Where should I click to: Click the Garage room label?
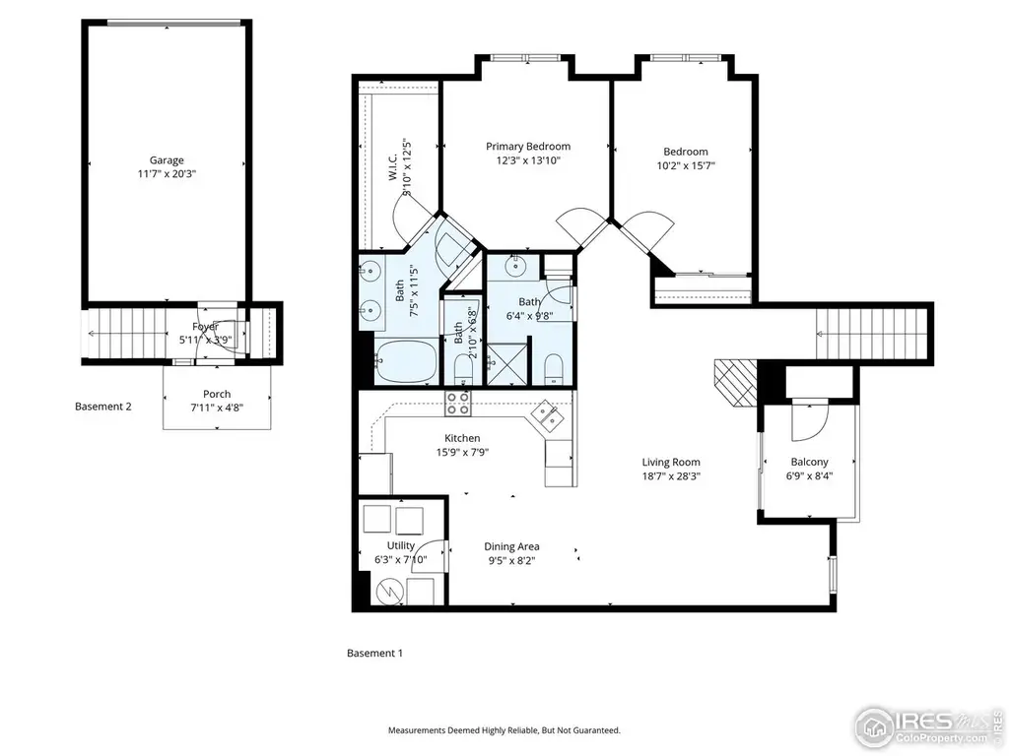(x=167, y=160)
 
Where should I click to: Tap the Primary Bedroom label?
(x=528, y=147)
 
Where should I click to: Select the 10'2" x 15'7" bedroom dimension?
(x=686, y=165)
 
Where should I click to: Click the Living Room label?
(x=671, y=463)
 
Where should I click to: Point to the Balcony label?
(x=809, y=463)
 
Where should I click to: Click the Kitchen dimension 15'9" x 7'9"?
(x=462, y=452)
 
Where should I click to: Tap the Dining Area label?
(x=511, y=547)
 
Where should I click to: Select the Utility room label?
(x=401, y=545)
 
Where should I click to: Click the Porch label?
(x=217, y=394)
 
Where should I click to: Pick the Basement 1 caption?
(x=374, y=654)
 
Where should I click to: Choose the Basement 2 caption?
(x=102, y=407)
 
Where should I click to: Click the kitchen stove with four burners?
(x=458, y=403)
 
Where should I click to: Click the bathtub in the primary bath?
(x=406, y=362)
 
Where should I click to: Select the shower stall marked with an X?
(x=507, y=364)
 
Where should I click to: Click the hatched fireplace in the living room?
(x=736, y=383)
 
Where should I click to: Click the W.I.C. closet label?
(x=393, y=167)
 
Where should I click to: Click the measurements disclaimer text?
(x=504, y=730)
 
